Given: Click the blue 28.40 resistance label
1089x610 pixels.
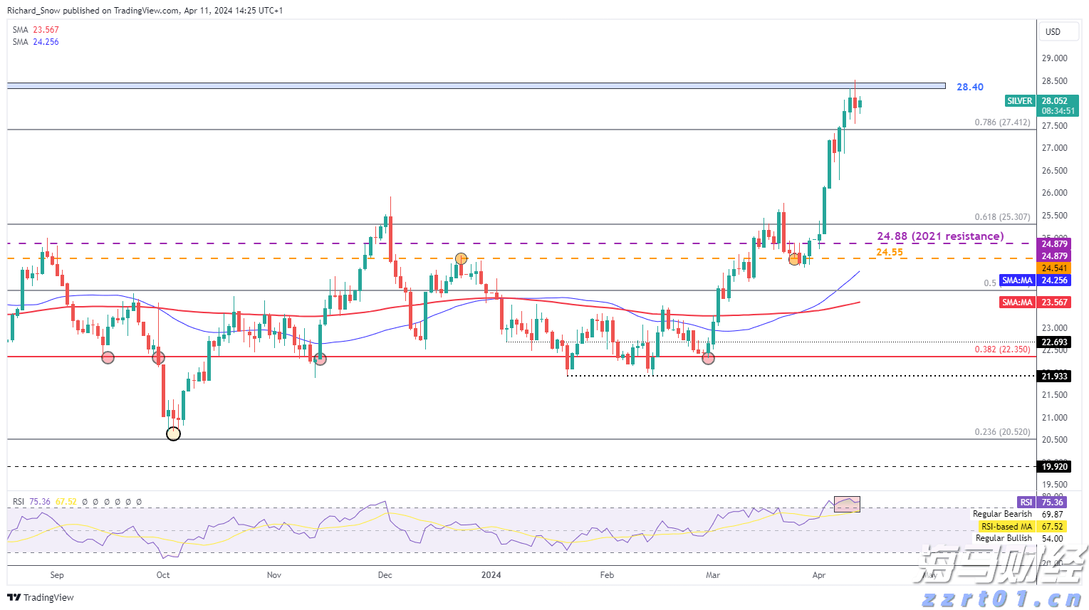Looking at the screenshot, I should coord(969,87).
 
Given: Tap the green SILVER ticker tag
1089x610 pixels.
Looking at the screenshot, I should coord(1019,101).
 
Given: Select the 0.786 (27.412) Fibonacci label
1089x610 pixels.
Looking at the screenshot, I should coord(1002,122).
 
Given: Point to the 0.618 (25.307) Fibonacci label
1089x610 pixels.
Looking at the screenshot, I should coord(1002,217).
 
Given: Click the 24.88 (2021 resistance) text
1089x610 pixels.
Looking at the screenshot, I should coord(940,236).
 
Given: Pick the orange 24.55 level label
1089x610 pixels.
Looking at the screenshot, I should coord(890,252).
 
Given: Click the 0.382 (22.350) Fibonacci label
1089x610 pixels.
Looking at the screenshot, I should coord(1002,349).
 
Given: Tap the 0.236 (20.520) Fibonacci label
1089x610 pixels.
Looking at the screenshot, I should coord(1002,432).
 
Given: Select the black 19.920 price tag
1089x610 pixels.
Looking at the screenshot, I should coord(1054,467).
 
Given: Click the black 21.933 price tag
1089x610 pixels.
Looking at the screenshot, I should coord(1054,376).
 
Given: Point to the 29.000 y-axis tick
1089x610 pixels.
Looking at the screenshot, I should coord(1054,58).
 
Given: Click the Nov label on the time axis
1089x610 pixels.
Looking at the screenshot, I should coord(274,575).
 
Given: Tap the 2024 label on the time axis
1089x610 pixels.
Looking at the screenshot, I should coord(491,575).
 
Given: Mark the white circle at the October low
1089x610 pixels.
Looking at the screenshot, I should coord(173,433).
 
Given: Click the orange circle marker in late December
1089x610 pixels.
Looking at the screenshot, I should coord(462,259).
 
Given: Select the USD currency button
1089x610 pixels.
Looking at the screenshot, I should coord(1053,32).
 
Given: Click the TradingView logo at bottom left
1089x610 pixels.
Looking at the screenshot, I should coord(41,597).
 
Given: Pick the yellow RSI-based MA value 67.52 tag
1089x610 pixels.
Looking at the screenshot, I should coord(1052,527).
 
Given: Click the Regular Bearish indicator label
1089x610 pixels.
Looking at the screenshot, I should coord(1002,514).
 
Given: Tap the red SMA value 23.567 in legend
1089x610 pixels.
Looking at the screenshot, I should coord(46,30).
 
